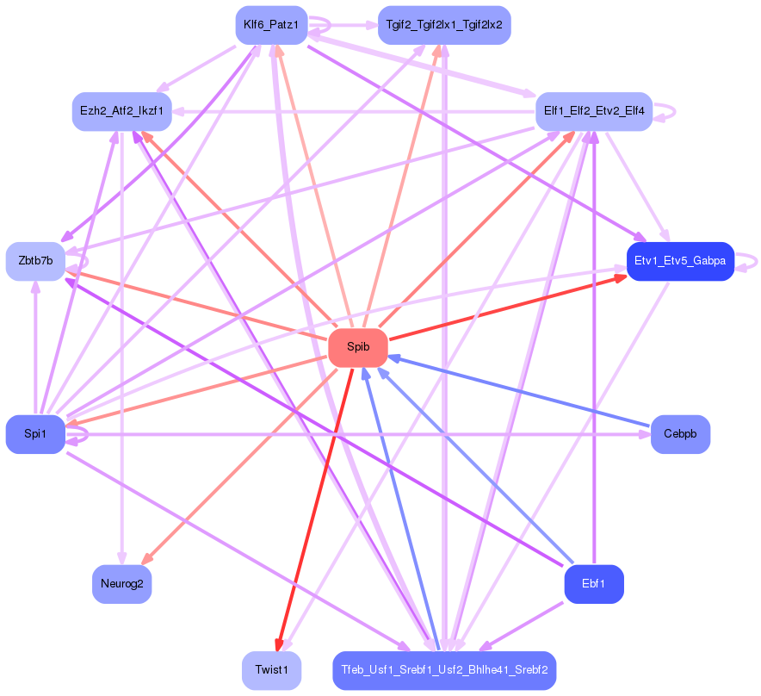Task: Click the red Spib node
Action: pos(358,347)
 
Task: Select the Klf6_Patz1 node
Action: pos(271,25)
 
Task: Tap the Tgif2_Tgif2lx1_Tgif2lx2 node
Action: pos(444,25)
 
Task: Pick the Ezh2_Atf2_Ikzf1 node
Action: pos(122,111)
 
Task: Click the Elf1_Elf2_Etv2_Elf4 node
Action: pos(594,111)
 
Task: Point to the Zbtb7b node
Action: pos(35,261)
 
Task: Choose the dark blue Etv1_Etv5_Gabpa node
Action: pos(680,261)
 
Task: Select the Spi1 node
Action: pos(35,434)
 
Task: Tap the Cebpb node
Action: pos(680,434)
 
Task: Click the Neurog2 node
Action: pos(122,584)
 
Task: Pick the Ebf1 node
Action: pos(594,584)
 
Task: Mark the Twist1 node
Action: pos(271,670)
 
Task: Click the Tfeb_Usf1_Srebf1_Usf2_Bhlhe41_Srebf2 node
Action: pos(444,670)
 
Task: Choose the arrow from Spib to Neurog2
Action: pos(239,466)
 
